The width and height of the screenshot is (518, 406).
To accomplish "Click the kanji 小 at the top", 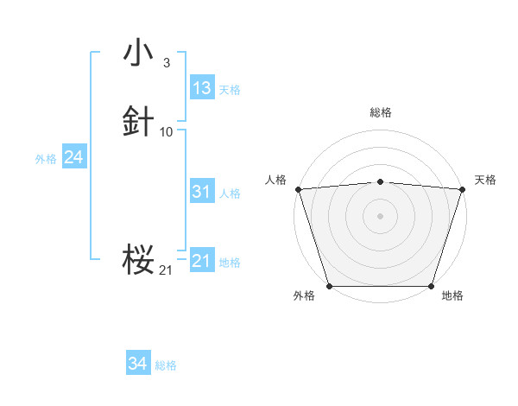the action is [x=138, y=53].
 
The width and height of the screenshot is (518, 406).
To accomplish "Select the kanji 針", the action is [x=138, y=122].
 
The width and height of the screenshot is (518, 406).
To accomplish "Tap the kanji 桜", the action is [x=138, y=258].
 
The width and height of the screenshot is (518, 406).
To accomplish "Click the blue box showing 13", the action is [x=202, y=88].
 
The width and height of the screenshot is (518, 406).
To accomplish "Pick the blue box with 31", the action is [x=202, y=192].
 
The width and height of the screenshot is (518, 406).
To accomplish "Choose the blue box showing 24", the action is [x=74, y=157].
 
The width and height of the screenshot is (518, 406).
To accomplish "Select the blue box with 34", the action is [x=138, y=364].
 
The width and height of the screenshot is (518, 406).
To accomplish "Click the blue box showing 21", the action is [x=202, y=261].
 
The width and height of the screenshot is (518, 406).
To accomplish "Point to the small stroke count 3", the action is [x=166, y=63].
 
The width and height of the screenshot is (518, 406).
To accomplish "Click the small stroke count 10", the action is [x=167, y=132].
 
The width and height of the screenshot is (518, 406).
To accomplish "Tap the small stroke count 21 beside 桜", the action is [x=166, y=270].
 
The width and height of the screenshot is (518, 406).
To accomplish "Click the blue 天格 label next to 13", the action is [x=230, y=90].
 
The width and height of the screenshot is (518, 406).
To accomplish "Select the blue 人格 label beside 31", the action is [x=230, y=193].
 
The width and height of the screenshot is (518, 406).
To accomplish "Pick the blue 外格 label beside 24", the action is [x=46, y=159].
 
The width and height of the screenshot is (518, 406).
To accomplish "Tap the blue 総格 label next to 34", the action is [x=166, y=365].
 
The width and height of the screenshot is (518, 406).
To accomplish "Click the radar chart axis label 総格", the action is [x=381, y=112].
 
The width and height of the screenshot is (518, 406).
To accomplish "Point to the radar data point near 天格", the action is [x=463, y=189].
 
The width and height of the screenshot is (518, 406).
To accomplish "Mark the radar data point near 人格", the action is [x=298, y=189].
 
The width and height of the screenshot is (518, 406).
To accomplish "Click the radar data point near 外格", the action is [x=329, y=286].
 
